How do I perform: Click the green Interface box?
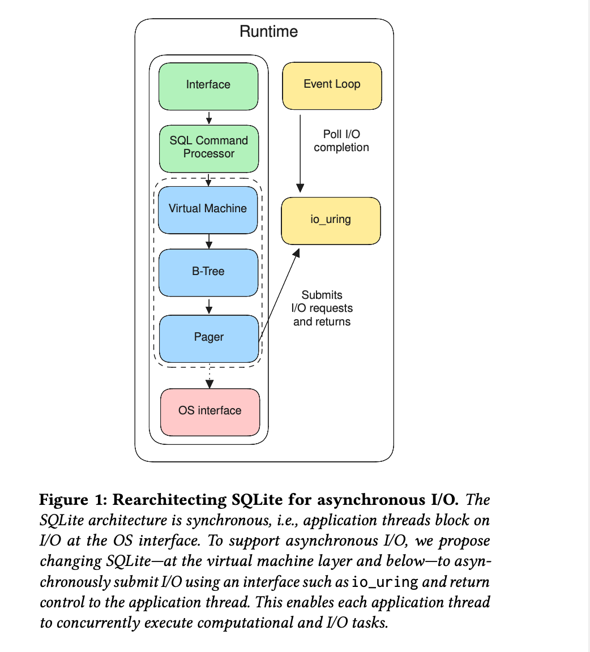[x=208, y=87]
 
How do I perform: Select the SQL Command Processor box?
[x=209, y=149]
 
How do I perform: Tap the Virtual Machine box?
[x=208, y=210]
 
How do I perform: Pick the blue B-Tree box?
[x=208, y=273]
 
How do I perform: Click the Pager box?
[x=209, y=339]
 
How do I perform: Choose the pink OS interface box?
[x=210, y=412]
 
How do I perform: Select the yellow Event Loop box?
[x=332, y=86]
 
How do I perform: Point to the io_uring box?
[x=331, y=221]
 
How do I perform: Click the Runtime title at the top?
[x=269, y=32]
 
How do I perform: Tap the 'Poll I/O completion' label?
[x=341, y=140]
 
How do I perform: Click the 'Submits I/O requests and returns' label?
[x=322, y=308]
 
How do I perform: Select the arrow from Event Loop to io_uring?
[x=300, y=154]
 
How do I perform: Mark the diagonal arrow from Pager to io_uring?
[x=279, y=295]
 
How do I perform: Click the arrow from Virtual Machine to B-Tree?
[x=209, y=242]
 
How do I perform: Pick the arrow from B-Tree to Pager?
[x=209, y=306]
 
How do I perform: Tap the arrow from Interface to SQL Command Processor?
[x=209, y=118]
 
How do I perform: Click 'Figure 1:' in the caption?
[x=73, y=499]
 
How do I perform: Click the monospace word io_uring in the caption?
[x=385, y=582]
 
